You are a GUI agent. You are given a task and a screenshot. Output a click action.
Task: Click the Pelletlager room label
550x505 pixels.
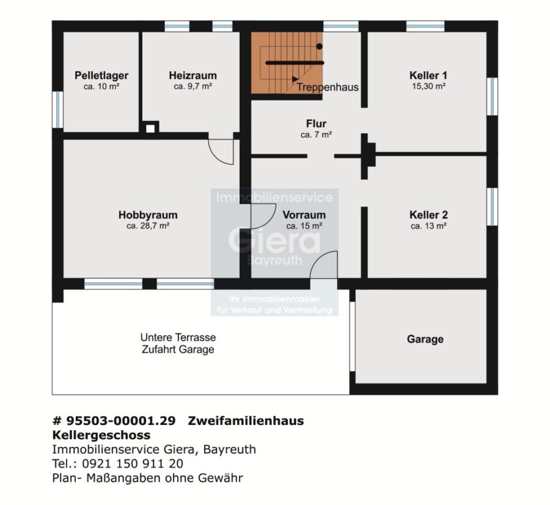point(101,75)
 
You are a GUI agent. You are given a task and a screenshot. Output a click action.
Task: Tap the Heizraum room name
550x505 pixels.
point(193,75)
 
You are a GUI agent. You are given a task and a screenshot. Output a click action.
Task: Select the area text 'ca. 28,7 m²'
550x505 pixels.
point(148,226)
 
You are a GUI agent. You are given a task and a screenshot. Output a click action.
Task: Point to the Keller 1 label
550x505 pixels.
point(428,75)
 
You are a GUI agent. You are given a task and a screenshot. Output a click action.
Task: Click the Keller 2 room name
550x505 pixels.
point(428,215)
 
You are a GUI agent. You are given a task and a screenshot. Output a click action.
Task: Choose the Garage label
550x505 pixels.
point(425,339)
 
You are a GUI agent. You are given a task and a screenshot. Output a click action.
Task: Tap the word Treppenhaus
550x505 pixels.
point(328,87)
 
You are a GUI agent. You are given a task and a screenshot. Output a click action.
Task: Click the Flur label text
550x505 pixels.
point(316,123)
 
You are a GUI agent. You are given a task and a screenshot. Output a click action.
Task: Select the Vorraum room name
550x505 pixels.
point(304,215)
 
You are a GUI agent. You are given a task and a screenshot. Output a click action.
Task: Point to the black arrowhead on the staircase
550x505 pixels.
point(295,79)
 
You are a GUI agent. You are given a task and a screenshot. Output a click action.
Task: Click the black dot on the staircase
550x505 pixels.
point(319,46)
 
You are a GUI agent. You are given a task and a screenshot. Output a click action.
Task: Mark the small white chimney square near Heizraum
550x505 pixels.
point(150,128)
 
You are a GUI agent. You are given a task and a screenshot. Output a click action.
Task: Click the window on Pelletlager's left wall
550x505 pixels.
point(58,109)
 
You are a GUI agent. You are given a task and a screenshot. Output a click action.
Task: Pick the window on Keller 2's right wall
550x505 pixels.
point(493,207)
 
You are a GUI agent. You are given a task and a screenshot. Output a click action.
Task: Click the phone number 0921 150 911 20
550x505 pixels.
point(133,463)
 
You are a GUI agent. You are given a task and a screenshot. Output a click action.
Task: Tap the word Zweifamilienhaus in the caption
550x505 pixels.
point(246,421)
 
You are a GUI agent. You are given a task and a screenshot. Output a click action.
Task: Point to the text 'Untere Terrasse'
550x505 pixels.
point(178,337)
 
